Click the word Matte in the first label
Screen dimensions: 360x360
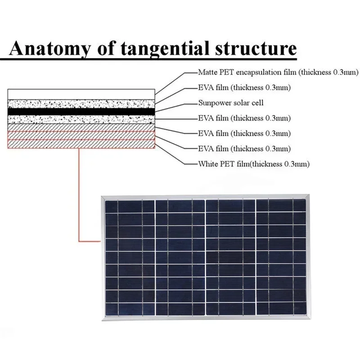pyautogui.click(x=207, y=72)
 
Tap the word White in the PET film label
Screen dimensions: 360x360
pyautogui.click(x=207, y=164)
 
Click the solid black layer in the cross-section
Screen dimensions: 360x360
pyautogui.click(x=81, y=111)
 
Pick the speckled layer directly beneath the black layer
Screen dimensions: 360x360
pyautogui.click(x=81, y=119)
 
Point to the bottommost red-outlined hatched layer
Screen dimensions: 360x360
pyautogui.click(x=81, y=144)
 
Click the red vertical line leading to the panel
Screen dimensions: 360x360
pyautogui.click(x=79, y=193)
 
